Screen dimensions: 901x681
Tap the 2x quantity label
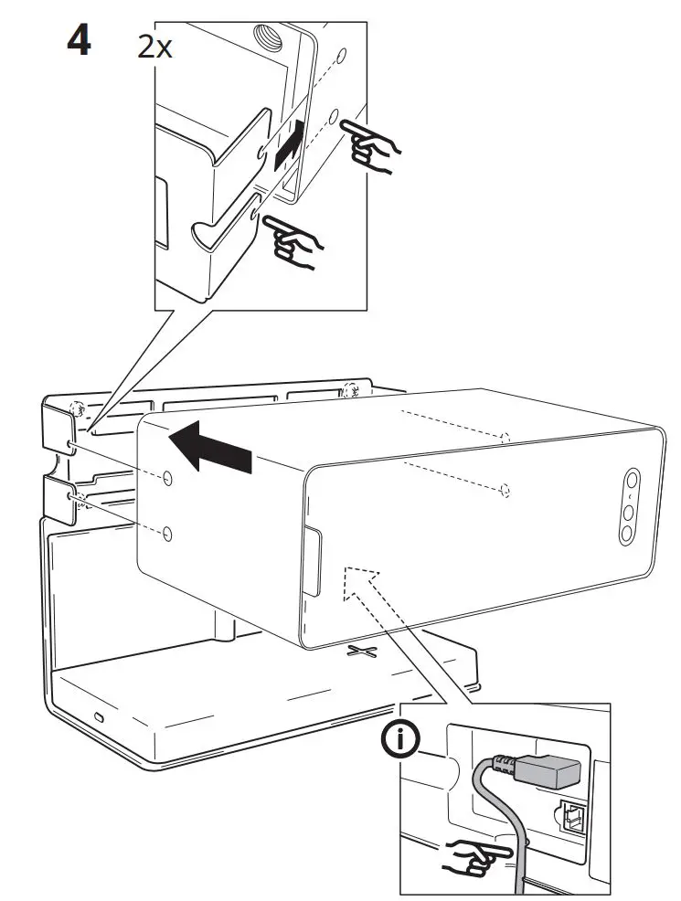154,47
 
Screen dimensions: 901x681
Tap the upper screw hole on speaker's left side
167,479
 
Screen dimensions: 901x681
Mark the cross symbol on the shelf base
363,652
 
